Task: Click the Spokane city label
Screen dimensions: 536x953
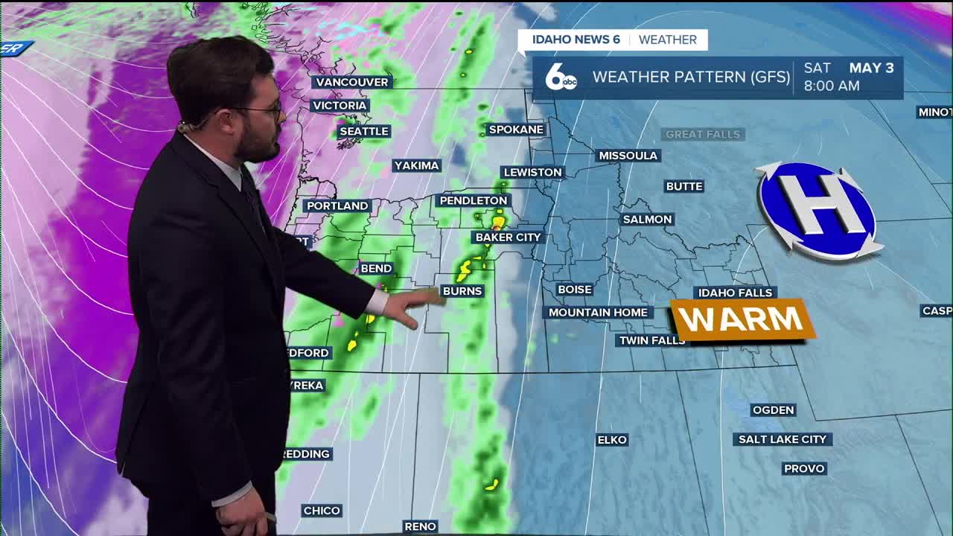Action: (516, 130)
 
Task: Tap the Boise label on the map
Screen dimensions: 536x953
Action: (574, 290)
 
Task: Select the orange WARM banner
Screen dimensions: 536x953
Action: (742, 320)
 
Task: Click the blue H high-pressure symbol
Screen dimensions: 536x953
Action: (818, 209)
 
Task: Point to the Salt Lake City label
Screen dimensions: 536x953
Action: (783, 439)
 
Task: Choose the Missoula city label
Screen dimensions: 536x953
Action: (628, 156)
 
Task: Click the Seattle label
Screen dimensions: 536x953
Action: (364, 131)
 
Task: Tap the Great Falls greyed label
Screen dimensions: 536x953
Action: (703, 134)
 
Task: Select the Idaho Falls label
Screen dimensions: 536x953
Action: (736, 293)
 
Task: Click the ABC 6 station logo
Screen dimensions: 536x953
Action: (560, 77)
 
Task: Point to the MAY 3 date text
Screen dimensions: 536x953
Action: (871, 68)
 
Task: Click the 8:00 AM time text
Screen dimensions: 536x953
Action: (832, 86)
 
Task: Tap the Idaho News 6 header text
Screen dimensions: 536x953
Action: (576, 39)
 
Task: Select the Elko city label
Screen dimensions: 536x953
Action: (612, 440)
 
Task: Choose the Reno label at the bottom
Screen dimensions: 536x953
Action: (420, 526)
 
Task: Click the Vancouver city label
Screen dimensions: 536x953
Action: (351, 82)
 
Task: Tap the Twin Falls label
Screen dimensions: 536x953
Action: (651, 340)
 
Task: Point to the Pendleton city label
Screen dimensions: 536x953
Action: (473, 200)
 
